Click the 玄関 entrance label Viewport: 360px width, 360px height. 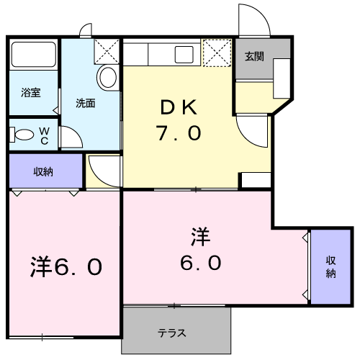[254, 56]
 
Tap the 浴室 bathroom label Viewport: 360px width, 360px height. [31, 93]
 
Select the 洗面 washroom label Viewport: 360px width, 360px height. [86, 103]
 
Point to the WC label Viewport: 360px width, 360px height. [45, 136]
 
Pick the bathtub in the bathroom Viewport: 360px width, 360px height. [34, 55]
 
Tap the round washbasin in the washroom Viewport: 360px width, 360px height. [108, 77]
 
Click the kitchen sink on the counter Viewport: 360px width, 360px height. [184, 54]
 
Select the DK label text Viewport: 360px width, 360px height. [179, 108]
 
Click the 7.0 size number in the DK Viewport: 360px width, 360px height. [179, 133]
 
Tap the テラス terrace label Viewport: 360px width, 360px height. [172, 333]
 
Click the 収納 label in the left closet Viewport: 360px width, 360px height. [43, 171]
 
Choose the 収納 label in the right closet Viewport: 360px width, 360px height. [330, 267]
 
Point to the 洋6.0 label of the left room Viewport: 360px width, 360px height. [66, 266]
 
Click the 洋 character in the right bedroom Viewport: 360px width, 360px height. [201, 237]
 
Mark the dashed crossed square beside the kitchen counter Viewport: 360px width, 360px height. [217, 53]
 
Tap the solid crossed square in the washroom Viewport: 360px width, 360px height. [107, 51]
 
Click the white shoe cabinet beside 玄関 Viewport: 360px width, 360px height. [282, 78]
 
